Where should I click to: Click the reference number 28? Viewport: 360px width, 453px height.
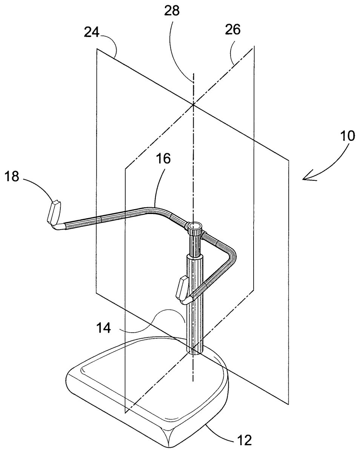pyautogui.click(x=172, y=11)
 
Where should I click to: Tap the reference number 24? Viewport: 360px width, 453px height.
pyautogui.click(x=92, y=32)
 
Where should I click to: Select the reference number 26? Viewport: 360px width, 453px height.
pyautogui.click(x=232, y=29)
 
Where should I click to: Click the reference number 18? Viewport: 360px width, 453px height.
pyautogui.click(x=12, y=176)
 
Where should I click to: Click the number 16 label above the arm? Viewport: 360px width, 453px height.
pyautogui.click(x=163, y=158)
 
